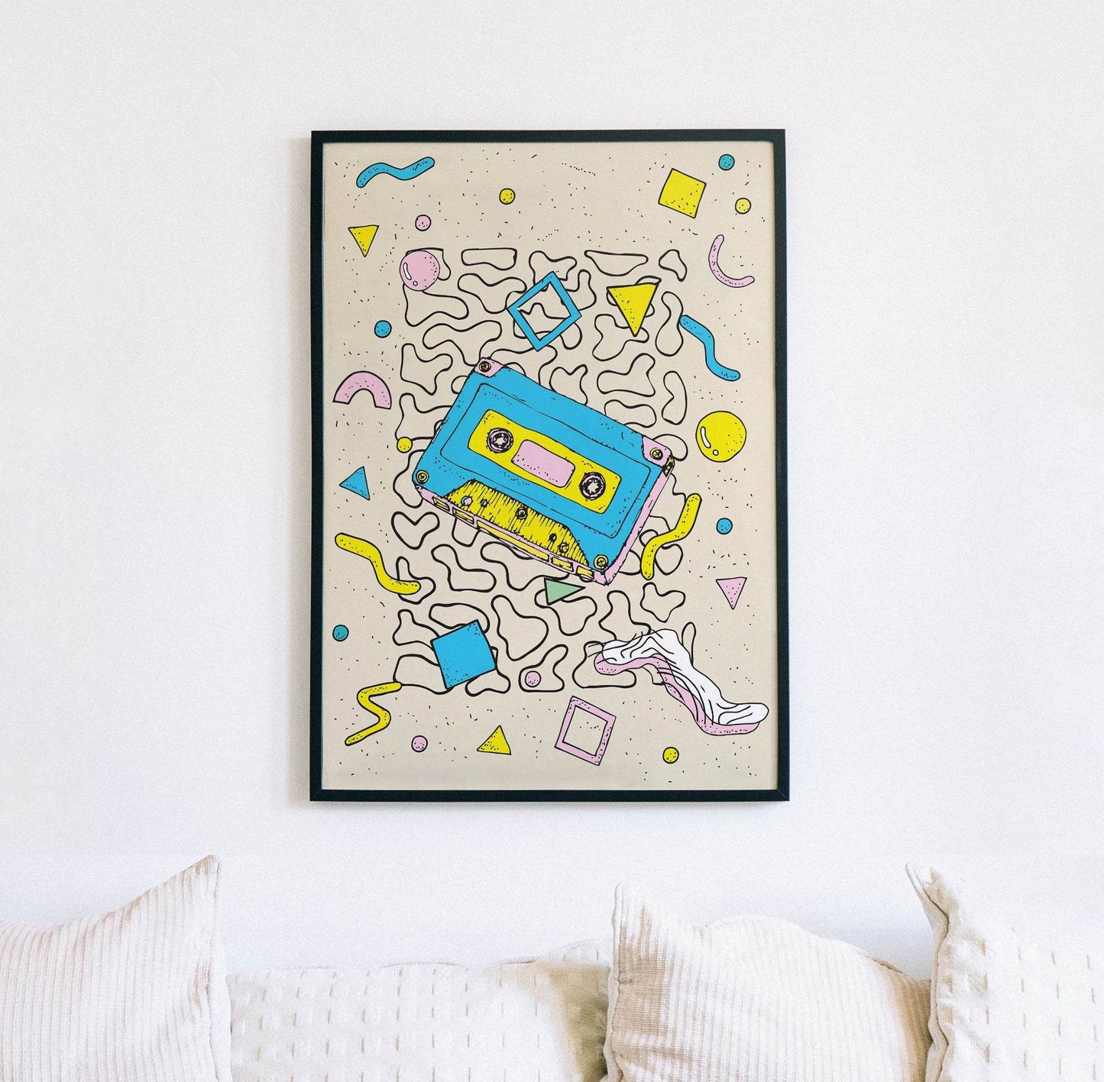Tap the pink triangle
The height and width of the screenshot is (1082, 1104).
click(x=731, y=589)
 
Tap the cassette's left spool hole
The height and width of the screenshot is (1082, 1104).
click(x=501, y=440)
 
